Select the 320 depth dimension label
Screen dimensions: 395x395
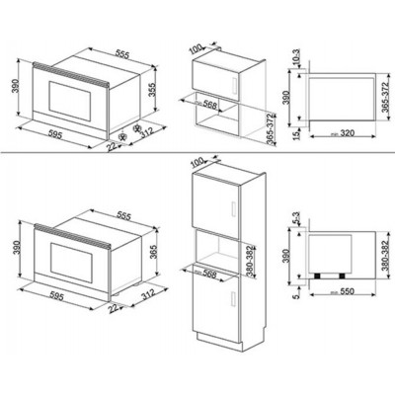click(341, 131)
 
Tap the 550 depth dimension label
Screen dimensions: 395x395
click(342, 294)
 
